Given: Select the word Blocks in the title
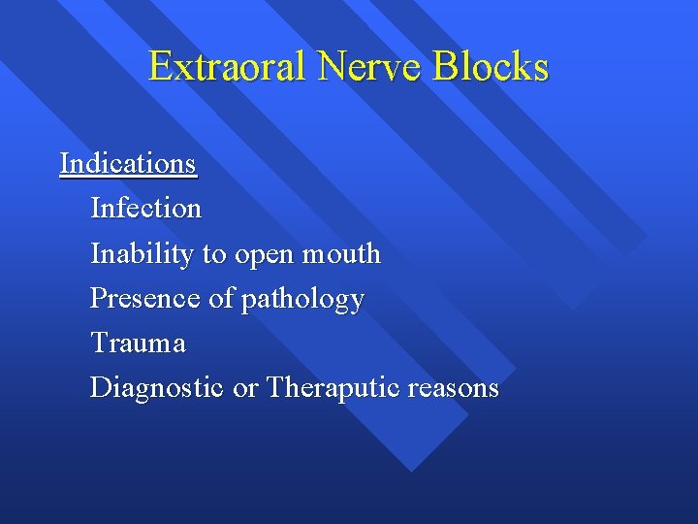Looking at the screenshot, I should point(491,67).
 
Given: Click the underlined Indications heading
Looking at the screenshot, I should point(128,163).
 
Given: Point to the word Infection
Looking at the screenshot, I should point(145,209).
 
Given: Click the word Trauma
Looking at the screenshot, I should point(138,344).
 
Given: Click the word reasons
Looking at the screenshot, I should point(453,389).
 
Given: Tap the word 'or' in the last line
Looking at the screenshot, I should point(245,389).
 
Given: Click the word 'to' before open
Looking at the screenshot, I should point(212,255).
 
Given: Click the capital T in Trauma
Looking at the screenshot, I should point(98,344).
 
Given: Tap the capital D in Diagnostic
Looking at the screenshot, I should point(100,388).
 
